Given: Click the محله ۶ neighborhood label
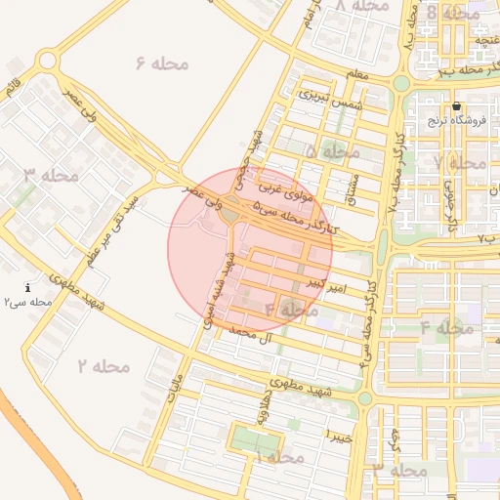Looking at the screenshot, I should (162, 63).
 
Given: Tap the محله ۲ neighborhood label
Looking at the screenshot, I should (104, 366).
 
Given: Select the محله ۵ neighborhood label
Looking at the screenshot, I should (333, 153).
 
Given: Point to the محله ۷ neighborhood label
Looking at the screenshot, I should (460, 162).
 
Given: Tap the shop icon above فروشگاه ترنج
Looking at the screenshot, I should (456, 106).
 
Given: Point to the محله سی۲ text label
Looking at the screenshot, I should (26, 302).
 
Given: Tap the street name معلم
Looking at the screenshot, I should (357, 75).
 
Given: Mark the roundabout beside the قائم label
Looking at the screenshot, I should (46, 61).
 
